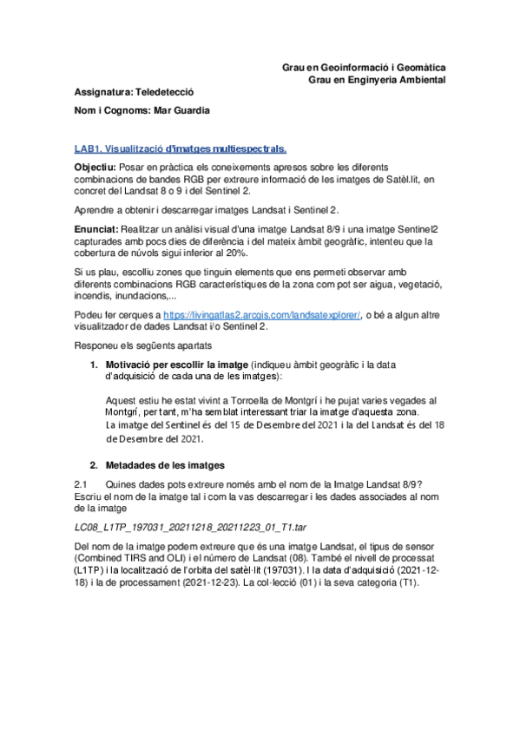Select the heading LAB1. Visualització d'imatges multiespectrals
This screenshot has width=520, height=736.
(180, 148)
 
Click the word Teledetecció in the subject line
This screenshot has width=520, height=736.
(164, 91)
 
